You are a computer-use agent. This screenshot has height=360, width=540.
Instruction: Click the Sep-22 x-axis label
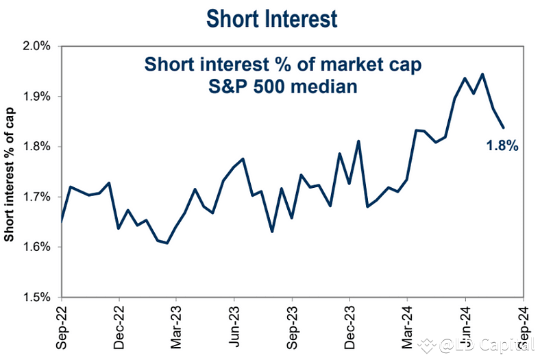click(62, 326)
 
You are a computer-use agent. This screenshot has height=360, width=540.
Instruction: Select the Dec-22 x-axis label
click(119, 326)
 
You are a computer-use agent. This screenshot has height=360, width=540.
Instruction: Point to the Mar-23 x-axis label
click(176, 326)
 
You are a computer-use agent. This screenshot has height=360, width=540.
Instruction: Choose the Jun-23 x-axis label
click(234, 326)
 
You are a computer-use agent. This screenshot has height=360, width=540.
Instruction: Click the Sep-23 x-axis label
click(292, 326)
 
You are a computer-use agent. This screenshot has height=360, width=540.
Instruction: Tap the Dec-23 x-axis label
click(349, 326)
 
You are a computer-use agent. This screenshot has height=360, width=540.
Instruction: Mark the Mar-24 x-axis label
click(407, 326)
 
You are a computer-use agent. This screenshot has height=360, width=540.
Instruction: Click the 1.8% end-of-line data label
click(501, 145)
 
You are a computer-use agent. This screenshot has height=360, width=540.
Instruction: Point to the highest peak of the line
click(483, 74)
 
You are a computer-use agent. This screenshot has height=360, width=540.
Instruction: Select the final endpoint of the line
click(504, 127)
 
